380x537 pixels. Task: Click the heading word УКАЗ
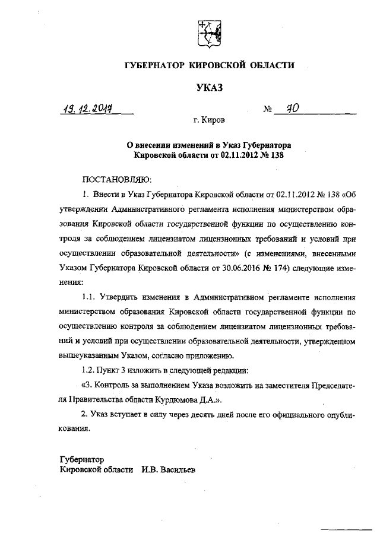209,88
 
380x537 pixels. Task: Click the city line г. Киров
209,120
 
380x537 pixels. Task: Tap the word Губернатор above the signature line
83,459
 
